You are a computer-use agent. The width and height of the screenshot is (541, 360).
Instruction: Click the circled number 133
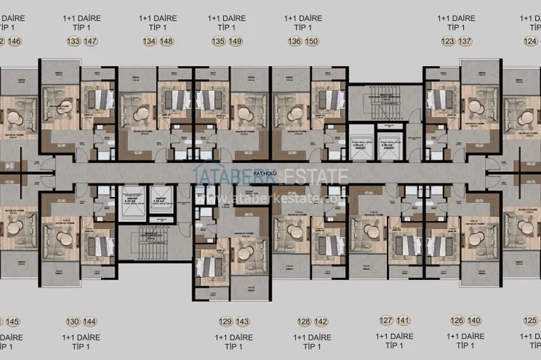[x=74, y=42]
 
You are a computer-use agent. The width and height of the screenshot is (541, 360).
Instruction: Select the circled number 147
[x=91, y=42]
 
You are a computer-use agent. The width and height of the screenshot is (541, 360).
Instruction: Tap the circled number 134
[x=150, y=42]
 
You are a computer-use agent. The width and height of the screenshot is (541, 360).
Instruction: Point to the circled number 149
[x=235, y=42]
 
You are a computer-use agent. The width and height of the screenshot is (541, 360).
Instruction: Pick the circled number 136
[x=294, y=42]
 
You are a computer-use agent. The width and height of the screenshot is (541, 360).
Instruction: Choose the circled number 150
[x=312, y=42]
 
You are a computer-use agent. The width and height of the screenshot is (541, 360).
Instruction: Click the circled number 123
[x=447, y=42]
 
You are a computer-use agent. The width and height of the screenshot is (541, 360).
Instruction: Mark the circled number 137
[x=465, y=42]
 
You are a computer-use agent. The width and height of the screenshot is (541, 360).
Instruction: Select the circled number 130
[x=73, y=321]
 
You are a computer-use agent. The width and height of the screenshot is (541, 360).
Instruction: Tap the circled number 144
[x=91, y=321]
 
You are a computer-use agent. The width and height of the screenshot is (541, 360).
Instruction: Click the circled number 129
[x=225, y=321]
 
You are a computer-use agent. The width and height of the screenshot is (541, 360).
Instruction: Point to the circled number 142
[x=321, y=321]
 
